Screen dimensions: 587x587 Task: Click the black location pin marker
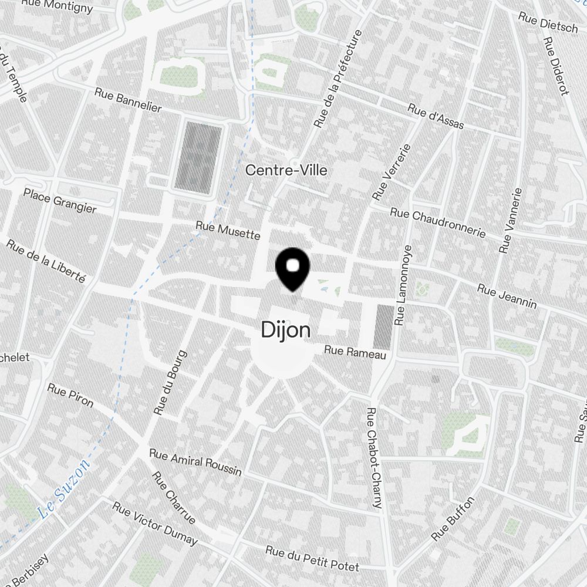pyautogui.click(x=292, y=268)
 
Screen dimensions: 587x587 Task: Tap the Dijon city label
pyautogui.click(x=286, y=330)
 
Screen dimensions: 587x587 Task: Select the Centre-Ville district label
pyautogui.click(x=286, y=170)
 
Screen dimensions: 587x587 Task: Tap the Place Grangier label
pyautogui.click(x=60, y=200)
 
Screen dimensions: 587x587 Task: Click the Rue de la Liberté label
pyautogui.click(x=46, y=261)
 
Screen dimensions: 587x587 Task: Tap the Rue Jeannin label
pyautogui.click(x=507, y=296)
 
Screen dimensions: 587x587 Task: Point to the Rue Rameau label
pyautogui.click(x=355, y=352)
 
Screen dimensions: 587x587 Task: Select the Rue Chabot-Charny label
pyautogui.click(x=374, y=458)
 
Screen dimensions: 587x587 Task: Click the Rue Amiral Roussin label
pyautogui.click(x=195, y=462)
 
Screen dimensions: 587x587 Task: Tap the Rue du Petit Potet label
pyautogui.click(x=312, y=558)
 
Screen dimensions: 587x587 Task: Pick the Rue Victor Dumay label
pyautogui.click(x=155, y=523)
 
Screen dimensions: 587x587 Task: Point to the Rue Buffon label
pyautogui.click(x=452, y=519)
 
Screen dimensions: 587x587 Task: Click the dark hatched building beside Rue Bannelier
pyautogui.click(x=198, y=157)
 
